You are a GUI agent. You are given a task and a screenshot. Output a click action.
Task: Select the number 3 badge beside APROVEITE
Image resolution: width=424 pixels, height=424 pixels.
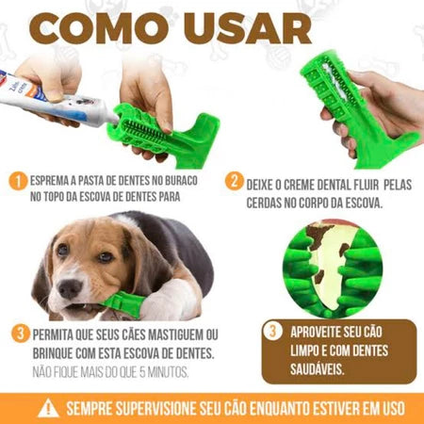click(x=271, y=332)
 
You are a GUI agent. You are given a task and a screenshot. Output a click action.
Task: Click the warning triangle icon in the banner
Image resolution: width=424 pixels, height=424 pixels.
click(x=47, y=408)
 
